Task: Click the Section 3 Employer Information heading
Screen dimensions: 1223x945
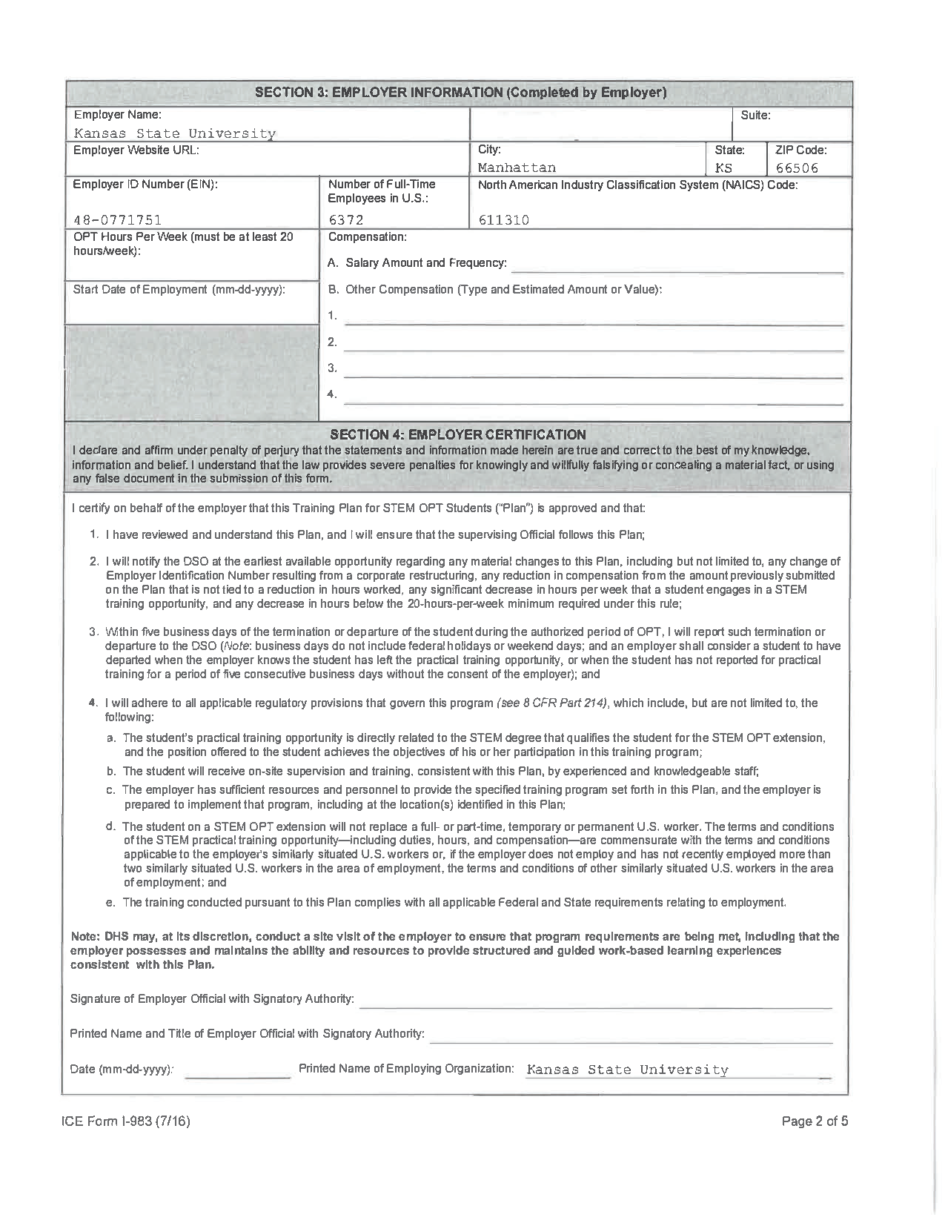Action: pos(460,93)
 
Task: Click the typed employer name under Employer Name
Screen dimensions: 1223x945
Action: pos(174,133)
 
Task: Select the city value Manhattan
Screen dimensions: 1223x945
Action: pos(517,168)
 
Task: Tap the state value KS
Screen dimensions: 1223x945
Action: pos(723,168)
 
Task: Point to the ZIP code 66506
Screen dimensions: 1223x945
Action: pos(797,168)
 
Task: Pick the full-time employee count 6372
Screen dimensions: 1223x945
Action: pos(346,219)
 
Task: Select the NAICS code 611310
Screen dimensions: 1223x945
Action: pos(504,219)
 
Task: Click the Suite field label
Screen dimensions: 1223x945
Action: pos(755,116)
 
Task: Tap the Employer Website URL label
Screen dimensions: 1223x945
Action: pos(136,150)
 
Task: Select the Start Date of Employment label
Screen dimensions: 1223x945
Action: pos(179,289)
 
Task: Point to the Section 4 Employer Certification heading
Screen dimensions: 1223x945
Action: pos(457,434)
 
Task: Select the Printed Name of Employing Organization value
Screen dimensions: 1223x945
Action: pos(627,1070)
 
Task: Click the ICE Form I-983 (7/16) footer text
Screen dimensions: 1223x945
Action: pos(126,1121)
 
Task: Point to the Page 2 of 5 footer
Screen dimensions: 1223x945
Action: pos(815,1121)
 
